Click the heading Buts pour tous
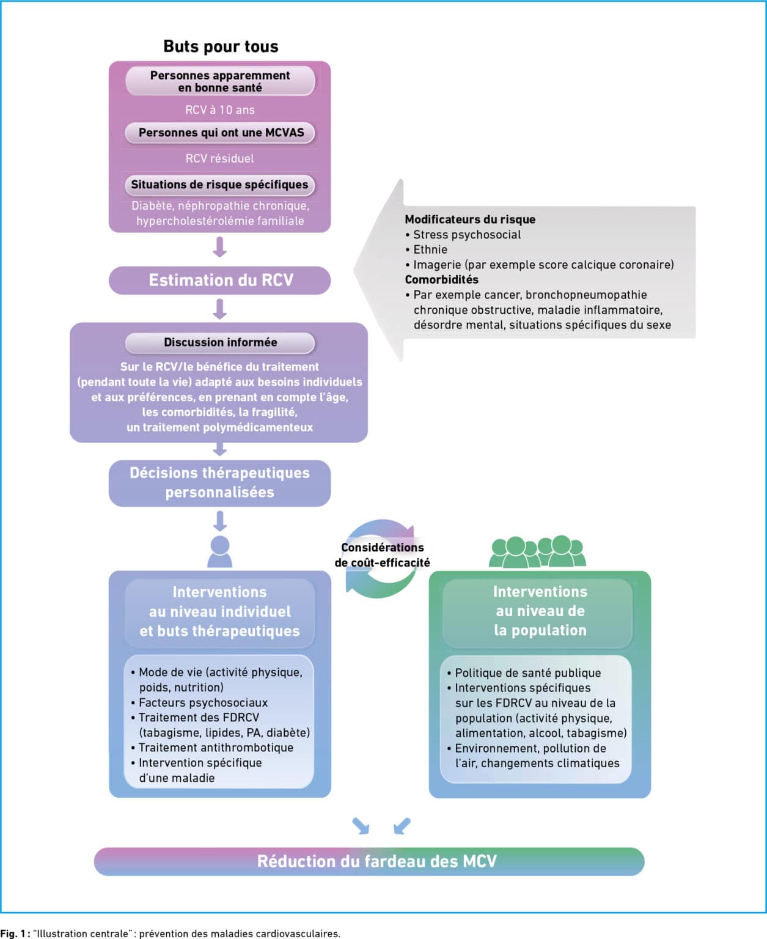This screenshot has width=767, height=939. (x=221, y=46)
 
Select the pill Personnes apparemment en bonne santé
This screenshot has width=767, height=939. (x=220, y=81)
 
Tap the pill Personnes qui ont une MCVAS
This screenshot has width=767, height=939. (x=220, y=133)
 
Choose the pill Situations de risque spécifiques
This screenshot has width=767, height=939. (x=219, y=185)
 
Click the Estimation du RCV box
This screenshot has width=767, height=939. (x=220, y=280)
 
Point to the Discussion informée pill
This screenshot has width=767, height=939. (x=220, y=342)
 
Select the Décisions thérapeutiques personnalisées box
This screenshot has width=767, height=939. (x=220, y=482)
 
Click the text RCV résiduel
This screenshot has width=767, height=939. (x=219, y=158)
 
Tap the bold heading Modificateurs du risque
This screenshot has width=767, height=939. (x=470, y=219)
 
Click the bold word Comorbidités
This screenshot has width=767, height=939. (x=442, y=279)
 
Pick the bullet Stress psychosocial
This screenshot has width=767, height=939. (x=463, y=235)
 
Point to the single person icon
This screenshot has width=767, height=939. (x=220, y=551)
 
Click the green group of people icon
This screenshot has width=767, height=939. (x=538, y=551)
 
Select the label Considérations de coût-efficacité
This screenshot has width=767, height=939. (x=383, y=554)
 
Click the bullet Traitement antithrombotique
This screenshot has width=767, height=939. (x=212, y=748)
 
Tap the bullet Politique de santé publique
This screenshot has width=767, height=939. (x=524, y=672)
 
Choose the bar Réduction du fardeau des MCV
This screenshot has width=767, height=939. (x=369, y=861)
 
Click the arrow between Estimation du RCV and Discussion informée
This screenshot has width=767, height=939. (x=220, y=309)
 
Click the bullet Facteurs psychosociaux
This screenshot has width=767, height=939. (x=199, y=702)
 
